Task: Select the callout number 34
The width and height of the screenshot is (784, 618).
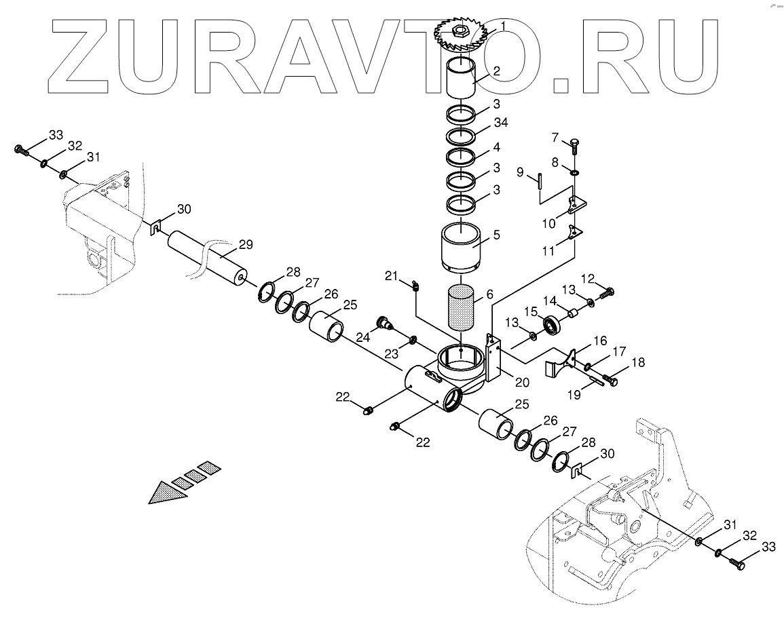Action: pyautogui.click(x=500, y=122)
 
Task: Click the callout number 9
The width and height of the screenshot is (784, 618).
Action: pyautogui.click(x=521, y=173)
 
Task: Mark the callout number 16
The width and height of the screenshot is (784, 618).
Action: pyautogui.click(x=600, y=341)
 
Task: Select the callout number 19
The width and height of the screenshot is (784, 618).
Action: pyautogui.click(x=574, y=393)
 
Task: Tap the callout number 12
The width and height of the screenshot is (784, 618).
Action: pyautogui.click(x=589, y=278)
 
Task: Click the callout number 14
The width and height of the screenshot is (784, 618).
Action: pyautogui.click(x=550, y=300)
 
